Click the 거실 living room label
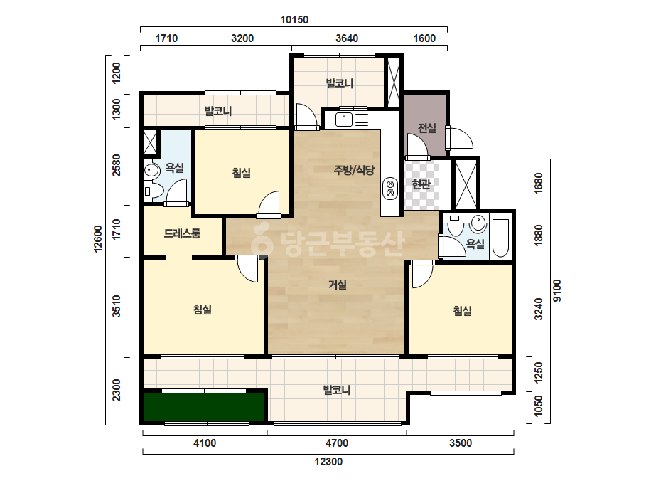pos(337,285)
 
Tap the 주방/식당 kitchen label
pos(354,170)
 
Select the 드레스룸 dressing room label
pos(182,233)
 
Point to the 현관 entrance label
pos(421,184)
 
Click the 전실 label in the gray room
pos(426,128)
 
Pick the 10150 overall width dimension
pos(294,20)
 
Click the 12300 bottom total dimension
pos(328,462)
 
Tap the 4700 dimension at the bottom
pos(337,443)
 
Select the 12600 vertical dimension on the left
pos(98,239)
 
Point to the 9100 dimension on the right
pos(557,290)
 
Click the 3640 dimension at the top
pos(347,38)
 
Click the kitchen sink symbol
pos(344,120)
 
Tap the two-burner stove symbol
pos(390,188)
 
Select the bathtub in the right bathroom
pos(500,238)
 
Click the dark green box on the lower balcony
pos(205,406)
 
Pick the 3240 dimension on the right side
pos(539,310)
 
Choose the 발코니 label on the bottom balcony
pos(337,390)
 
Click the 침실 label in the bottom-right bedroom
pos(462,310)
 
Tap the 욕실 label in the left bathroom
pos(174,168)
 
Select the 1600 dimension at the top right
pos(424,38)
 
